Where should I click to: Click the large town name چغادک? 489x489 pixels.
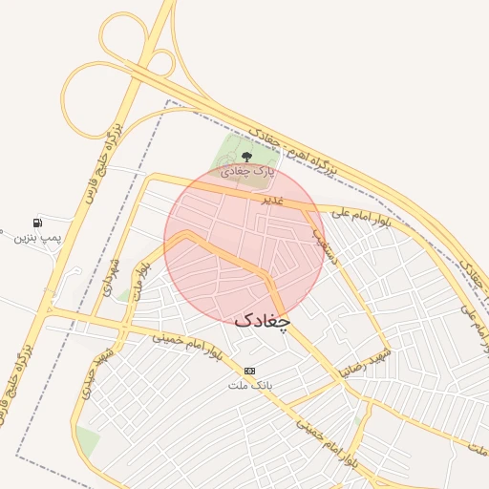coord(261,322)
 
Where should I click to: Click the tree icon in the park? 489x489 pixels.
coord(246,156)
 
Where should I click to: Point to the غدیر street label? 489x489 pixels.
coord(273,202)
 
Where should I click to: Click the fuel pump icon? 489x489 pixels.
coord(38,222)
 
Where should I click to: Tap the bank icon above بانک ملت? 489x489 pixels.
coord(250,371)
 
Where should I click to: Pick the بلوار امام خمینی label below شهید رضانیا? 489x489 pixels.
coord(326,438)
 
